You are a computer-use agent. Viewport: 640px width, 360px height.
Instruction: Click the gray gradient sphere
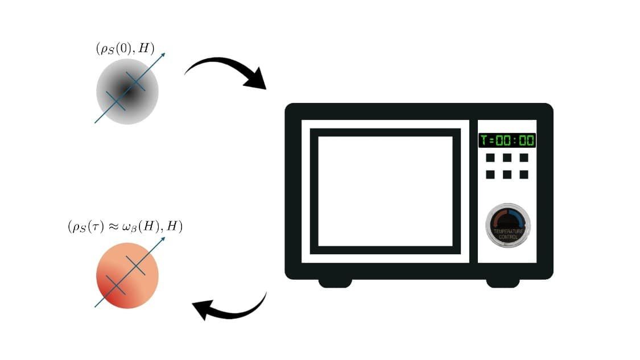[127, 92]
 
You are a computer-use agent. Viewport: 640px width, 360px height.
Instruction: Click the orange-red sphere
[127, 275]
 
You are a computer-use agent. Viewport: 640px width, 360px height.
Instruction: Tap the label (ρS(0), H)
[125, 48]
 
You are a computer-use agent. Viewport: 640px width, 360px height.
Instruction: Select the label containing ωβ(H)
[125, 226]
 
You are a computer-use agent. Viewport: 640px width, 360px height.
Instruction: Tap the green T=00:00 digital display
[507, 140]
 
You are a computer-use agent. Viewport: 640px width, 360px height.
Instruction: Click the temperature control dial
[508, 226]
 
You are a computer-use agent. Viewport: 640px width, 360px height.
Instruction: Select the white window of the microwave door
[385, 192]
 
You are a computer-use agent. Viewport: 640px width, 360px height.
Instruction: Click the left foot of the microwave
[335, 283]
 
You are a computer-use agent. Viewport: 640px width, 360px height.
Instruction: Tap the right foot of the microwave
[503, 283]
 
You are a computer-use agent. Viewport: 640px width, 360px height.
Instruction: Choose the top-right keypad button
[524, 158]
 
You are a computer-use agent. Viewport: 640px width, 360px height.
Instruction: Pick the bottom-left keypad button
[490, 175]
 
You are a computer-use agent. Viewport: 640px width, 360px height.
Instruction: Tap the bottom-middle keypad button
[507, 175]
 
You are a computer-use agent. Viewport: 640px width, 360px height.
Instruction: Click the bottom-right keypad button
[524, 175]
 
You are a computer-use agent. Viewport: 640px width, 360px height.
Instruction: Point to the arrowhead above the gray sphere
[163, 55]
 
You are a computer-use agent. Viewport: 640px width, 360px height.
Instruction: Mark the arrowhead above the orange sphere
[163, 239]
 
